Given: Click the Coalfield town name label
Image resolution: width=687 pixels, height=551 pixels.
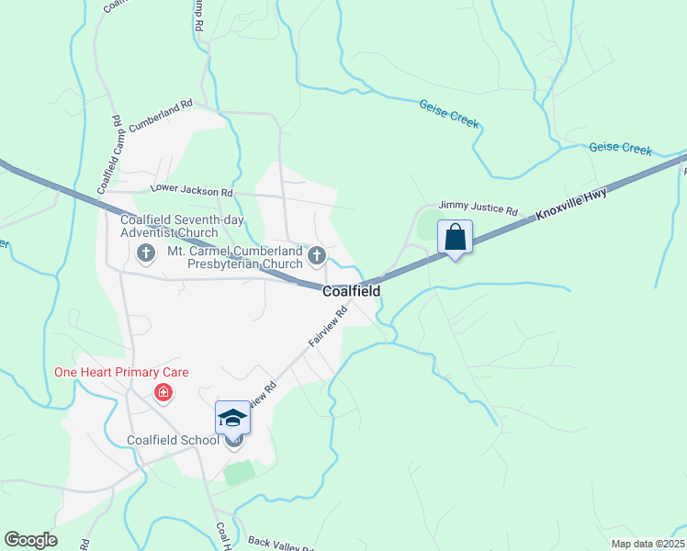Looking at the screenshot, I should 351,291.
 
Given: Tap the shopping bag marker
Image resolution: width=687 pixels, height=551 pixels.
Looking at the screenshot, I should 456,238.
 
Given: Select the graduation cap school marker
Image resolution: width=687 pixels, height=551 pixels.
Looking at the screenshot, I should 233,419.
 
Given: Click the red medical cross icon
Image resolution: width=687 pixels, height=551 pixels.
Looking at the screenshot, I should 163,394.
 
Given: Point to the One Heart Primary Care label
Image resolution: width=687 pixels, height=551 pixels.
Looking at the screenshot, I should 121,372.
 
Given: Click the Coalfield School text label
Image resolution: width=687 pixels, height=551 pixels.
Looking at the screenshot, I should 174,440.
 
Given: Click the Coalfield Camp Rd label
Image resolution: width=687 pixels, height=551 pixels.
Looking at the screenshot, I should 108,154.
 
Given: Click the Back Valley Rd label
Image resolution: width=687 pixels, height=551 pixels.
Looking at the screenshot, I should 280,544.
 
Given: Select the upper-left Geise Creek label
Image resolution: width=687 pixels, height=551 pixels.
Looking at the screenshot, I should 450,114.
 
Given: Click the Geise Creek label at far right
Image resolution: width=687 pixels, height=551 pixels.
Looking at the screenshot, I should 620,147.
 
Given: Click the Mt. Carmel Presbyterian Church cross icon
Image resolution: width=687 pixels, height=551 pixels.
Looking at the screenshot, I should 317,255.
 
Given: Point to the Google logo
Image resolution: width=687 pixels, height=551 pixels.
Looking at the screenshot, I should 31,540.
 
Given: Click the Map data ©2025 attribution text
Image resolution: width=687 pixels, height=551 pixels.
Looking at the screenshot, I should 647,544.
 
